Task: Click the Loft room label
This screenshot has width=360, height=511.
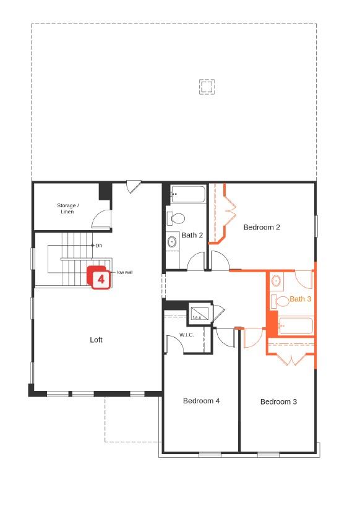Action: (x=96, y=340)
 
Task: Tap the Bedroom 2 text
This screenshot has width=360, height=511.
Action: (x=262, y=227)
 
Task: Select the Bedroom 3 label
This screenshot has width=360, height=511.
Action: (x=278, y=401)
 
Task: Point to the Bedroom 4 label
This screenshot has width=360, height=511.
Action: (x=201, y=401)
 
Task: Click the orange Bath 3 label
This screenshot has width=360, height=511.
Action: (x=301, y=299)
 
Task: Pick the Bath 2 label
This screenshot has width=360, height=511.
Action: (x=192, y=235)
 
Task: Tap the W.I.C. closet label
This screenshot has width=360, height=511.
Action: (x=187, y=335)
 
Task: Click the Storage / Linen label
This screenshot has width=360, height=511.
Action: (x=67, y=208)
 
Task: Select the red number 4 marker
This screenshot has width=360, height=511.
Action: (x=101, y=279)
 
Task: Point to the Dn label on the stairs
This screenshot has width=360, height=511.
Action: (x=98, y=246)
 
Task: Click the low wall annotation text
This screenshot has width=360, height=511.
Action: (x=124, y=272)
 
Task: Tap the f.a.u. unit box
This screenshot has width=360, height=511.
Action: (x=199, y=313)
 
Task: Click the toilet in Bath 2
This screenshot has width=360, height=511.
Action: (x=176, y=218)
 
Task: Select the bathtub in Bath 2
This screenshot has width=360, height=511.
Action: (x=187, y=194)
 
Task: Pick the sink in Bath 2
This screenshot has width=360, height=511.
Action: (x=171, y=241)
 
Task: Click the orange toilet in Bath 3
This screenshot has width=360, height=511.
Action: (x=281, y=301)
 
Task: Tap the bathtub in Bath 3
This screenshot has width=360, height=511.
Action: (x=296, y=325)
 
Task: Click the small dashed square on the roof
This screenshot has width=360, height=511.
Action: (x=207, y=86)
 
